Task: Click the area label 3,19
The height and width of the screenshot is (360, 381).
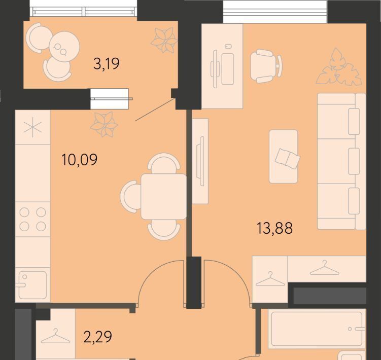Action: [x=106, y=64]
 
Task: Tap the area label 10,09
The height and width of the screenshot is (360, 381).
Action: [x=80, y=160]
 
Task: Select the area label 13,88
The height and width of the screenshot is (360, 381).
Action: [x=274, y=228]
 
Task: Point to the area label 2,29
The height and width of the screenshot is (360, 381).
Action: [x=98, y=337]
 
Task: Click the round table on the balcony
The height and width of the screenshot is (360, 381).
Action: [x=64, y=47]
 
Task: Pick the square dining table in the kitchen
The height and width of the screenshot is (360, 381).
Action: [x=164, y=197]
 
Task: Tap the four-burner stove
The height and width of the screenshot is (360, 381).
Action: [x=32, y=219]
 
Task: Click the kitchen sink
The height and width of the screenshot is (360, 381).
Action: [x=32, y=285]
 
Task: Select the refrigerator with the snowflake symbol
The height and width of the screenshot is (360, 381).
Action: [x=32, y=127]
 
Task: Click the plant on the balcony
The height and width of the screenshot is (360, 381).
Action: [x=164, y=40]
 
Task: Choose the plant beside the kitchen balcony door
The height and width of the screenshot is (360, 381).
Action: [x=104, y=124]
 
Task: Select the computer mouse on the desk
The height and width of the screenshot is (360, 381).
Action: [x=227, y=46]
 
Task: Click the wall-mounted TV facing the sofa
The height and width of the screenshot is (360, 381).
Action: [x=201, y=161]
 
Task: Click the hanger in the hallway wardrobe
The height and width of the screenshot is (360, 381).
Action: [x=55, y=337]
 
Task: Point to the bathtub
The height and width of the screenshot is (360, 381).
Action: [x=317, y=329]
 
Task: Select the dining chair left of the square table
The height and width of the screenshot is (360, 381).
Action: [x=130, y=197]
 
